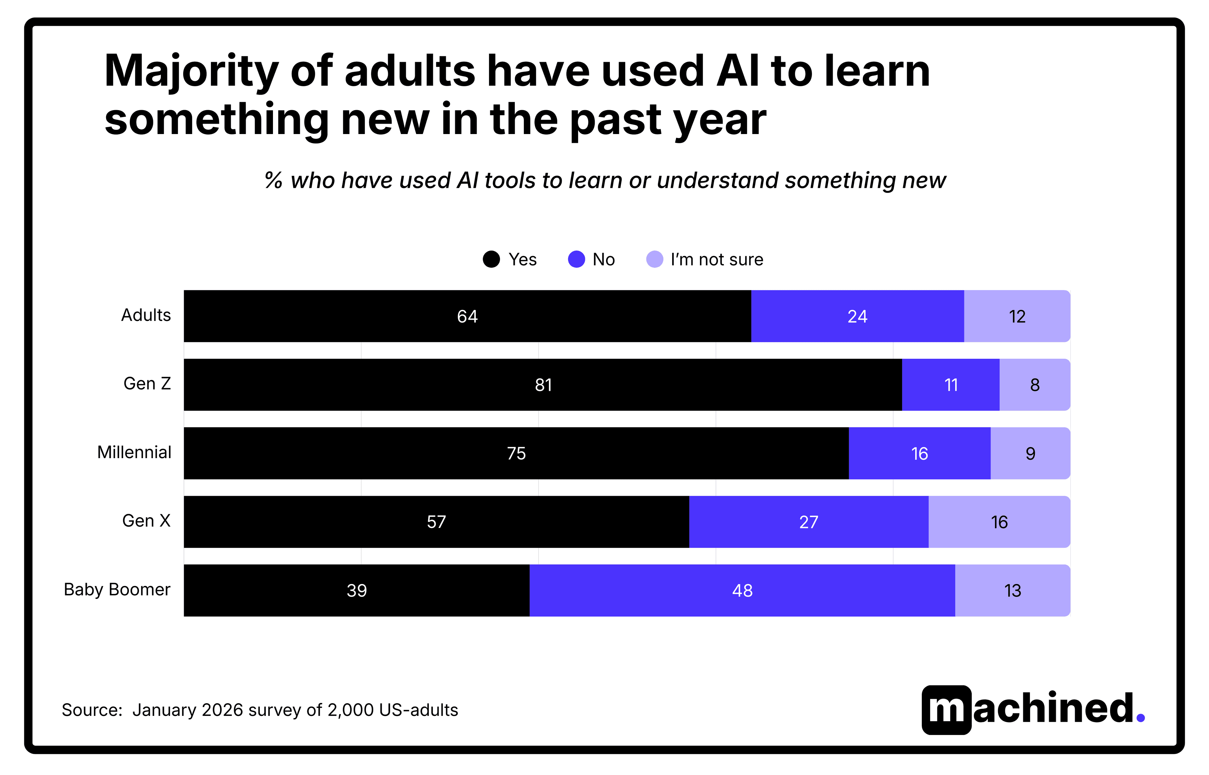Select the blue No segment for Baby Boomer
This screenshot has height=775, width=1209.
(742, 590)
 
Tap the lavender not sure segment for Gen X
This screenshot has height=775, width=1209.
(999, 522)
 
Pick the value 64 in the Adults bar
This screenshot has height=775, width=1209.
(467, 317)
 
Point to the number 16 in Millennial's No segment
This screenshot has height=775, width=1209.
(919, 453)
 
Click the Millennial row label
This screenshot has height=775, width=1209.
(134, 452)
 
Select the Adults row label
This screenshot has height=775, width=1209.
(146, 315)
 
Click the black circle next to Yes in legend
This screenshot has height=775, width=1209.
(491, 259)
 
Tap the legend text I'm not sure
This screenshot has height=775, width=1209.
(717, 260)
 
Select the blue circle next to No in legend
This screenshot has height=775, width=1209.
(576, 259)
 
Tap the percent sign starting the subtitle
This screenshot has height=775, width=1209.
(273, 180)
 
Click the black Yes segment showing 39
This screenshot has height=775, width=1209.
(356, 590)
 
